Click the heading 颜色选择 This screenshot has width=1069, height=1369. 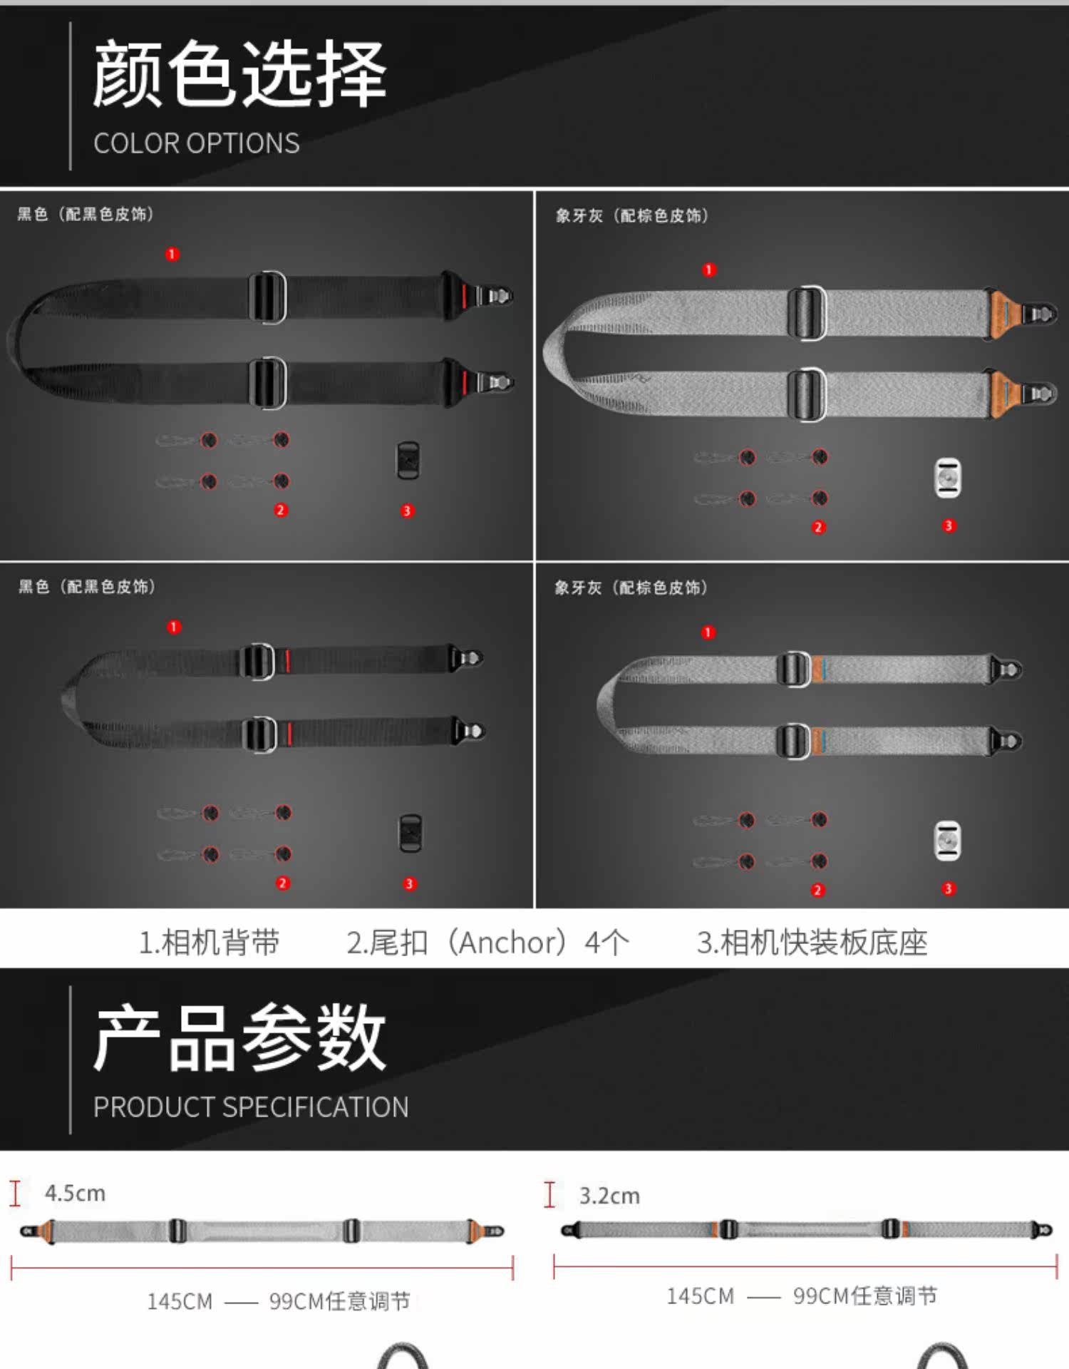pyautogui.click(x=239, y=73)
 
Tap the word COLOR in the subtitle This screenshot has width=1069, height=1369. pyautogui.click(x=134, y=143)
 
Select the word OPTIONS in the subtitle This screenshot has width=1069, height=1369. pyautogui.click(x=242, y=143)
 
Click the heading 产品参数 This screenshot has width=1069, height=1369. pyautogui.click(x=239, y=1037)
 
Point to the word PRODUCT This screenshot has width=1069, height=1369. pyautogui.click(x=154, y=1107)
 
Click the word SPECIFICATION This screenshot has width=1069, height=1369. pyautogui.click(x=315, y=1107)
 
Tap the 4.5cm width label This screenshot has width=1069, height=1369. pyautogui.click(x=75, y=1193)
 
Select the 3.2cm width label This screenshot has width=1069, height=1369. pyautogui.click(x=609, y=1196)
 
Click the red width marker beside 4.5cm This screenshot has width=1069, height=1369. pyautogui.click(x=15, y=1193)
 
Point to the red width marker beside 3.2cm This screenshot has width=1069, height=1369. pyautogui.click(x=549, y=1194)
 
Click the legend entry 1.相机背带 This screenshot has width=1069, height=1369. pyautogui.click(x=209, y=943)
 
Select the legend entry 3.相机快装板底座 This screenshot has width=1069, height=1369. pyautogui.click(x=812, y=943)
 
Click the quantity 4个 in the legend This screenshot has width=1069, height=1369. pyautogui.click(x=606, y=943)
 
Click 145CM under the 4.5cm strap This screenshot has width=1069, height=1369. pyautogui.click(x=180, y=1301)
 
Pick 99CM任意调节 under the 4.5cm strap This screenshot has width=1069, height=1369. pyautogui.click(x=339, y=1301)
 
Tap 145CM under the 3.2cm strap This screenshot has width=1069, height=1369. pyautogui.click(x=700, y=1296)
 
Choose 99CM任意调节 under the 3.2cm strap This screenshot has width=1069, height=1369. pyautogui.click(x=865, y=1296)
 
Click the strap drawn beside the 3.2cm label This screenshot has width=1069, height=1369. pyautogui.click(x=806, y=1229)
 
